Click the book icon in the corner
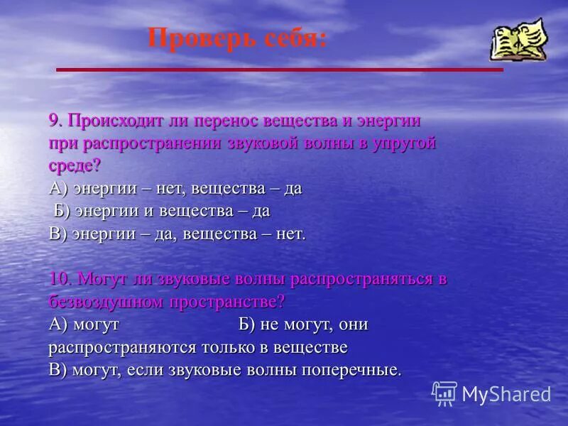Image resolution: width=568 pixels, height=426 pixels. [x=518, y=40]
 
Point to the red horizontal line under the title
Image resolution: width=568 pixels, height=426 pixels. [x=279, y=70]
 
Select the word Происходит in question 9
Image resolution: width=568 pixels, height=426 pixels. [x=111, y=121]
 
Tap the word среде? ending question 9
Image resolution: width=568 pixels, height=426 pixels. [x=75, y=166]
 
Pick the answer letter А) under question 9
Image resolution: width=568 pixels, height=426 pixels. [x=59, y=189]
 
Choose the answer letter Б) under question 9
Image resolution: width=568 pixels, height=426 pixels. [x=63, y=212]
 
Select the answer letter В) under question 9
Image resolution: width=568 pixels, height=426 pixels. [x=59, y=234]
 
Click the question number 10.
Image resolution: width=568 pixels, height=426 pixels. [x=61, y=279]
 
